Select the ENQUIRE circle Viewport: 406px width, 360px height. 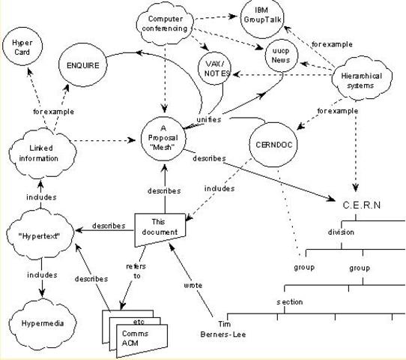[83, 64]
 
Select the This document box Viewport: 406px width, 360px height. [158, 228]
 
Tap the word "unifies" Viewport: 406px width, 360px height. [208, 120]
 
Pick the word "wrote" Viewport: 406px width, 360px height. [193, 285]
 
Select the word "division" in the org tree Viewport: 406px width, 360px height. [340, 232]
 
